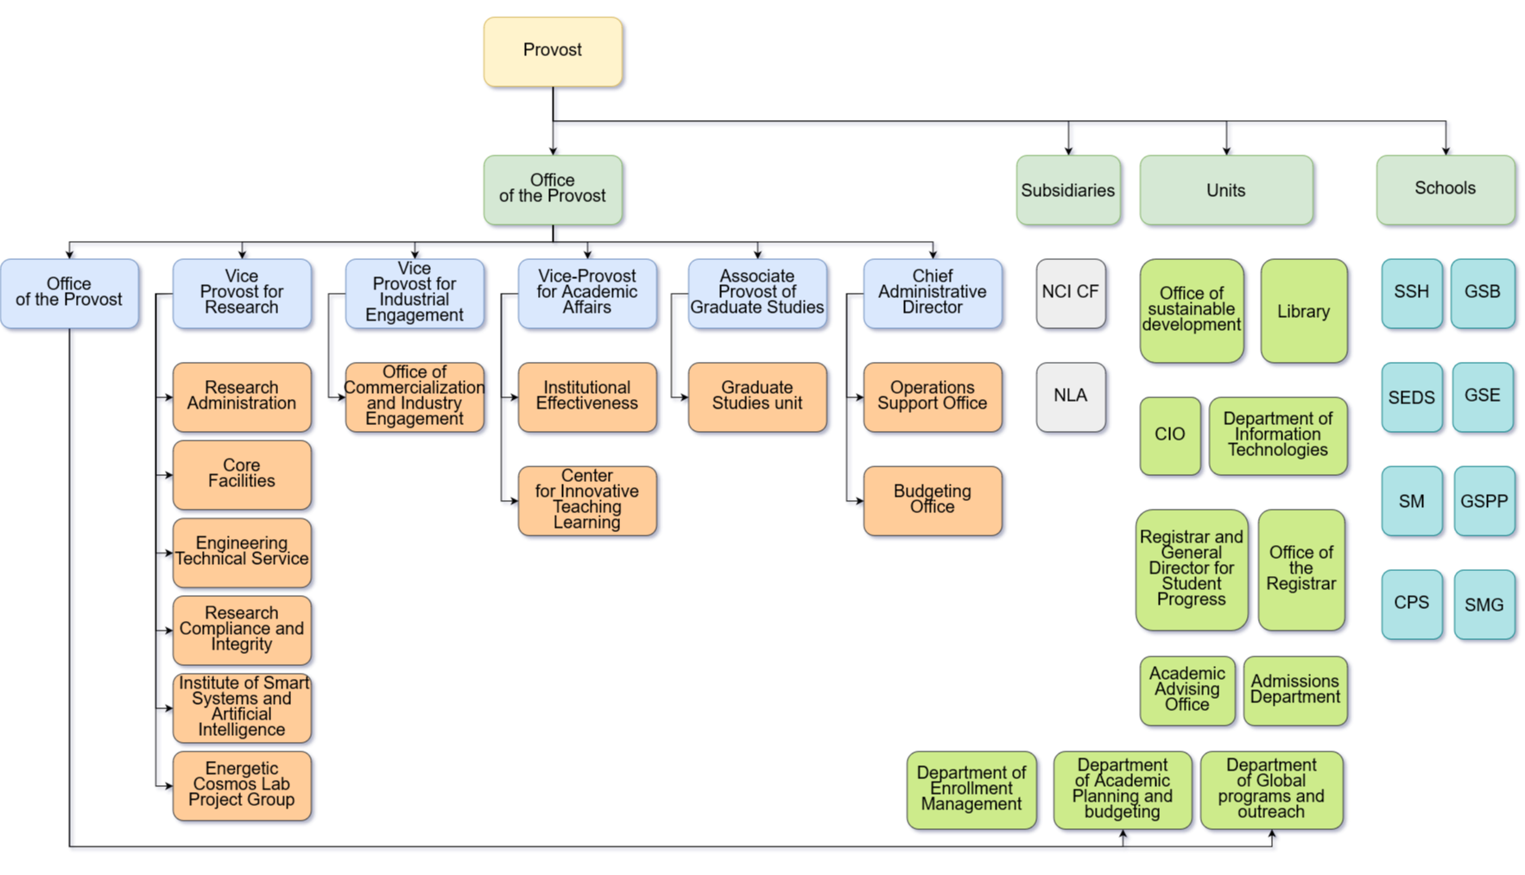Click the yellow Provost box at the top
[x=553, y=51]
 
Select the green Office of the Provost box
[x=553, y=189]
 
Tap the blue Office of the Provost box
[x=69, y=293]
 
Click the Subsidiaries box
[x=1068, y=191]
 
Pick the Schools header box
[x=1445, y=189]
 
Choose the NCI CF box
[x=1070, y=293]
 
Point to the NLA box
[x=1070, y=396]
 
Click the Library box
[x=1303, y=311]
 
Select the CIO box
[x=1169, y=434]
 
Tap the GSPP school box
[x=1484, y=501]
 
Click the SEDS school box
[x=1411, y=397]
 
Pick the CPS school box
[x=1411, y=603]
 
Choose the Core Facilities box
[x=242, y=474]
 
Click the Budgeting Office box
[x=933, y=500]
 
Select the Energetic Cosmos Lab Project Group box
[x=242, y=785]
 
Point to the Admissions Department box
[x=1295, y=690]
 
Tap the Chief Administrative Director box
[x=933, y=293]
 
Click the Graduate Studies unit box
[x=757, y=396]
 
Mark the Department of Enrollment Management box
[x=971, y=789]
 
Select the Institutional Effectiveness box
[x=587, y=396]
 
